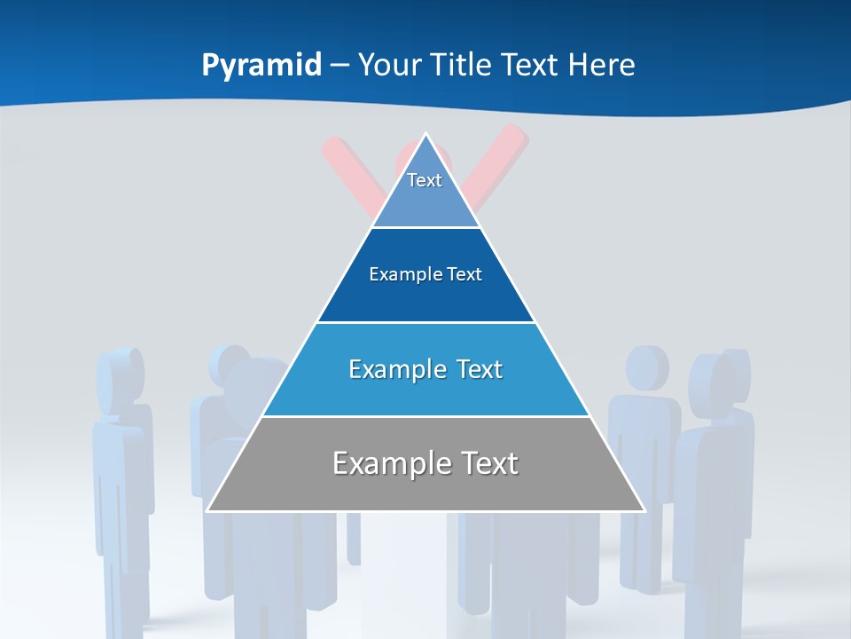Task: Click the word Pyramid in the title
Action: pyautogui.click(x=262, y=66)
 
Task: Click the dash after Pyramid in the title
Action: pyautogui.click(x=340, y=66)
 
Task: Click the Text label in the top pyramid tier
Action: pyautogui.click(x=425, y=180)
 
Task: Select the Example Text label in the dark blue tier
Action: pyautogui.click(x=425, y=274)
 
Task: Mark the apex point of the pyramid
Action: pyautogui.click(x=425, y=134)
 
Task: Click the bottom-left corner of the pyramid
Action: pyautogui.click(x=207, y=511)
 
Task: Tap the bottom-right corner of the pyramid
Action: pyautogui.click(x=644, y=511)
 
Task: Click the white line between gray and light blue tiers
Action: pyautogui.click(x=425, y=416)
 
